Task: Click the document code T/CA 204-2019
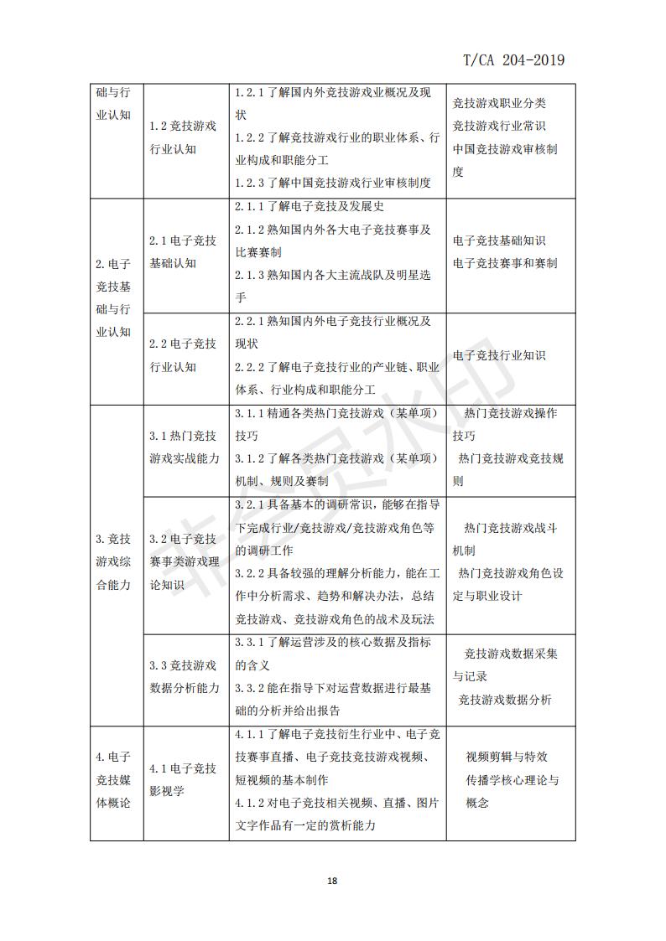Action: pyautogui.click(x=513, y=59)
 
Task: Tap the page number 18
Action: pyautogui.click(x=332, y=881)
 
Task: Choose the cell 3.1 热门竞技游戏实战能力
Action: pyautogui.click(x=185, y=447)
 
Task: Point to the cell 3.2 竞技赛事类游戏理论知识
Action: pyautogui.click(x=185, y=561)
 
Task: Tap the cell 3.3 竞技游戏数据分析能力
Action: pyautogui.click(x=185, y=677)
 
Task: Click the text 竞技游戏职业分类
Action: pyautogui.click(x=499, y=104)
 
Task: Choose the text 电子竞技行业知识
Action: pyautogui.click(x=499, y=355)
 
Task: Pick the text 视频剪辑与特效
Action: pyautogui.click(x=507, y=757)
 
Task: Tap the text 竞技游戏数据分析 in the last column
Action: pyautogui.click(x=505, y=700)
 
